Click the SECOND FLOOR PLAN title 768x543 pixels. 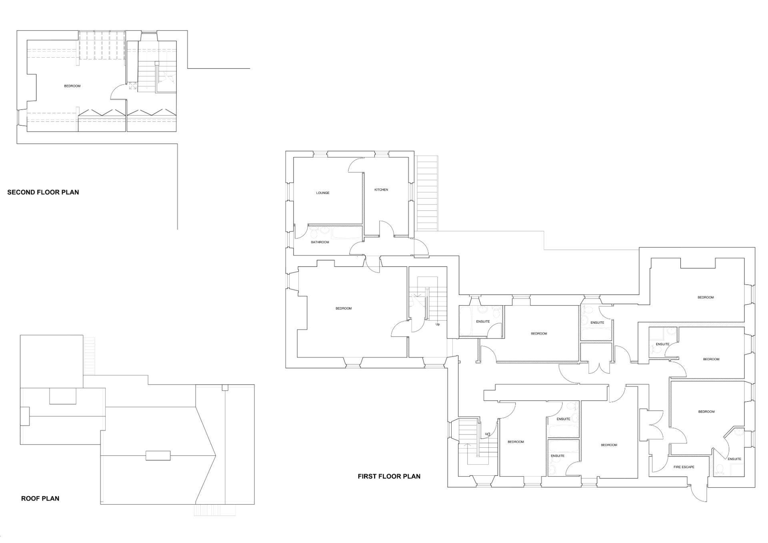[x=43, y=192]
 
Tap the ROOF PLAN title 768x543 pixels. [x=40, y=499]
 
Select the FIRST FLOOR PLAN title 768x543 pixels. [x=389, y=476]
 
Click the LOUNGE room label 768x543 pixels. [x=323, y=193]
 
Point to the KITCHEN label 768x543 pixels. [x=381, y=190]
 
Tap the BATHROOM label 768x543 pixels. [x=320, y=242]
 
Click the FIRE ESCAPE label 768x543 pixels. [x=684, y=467]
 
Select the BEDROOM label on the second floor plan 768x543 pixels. [x=72, y=86]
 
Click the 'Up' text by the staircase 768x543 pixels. [x=438, y=324]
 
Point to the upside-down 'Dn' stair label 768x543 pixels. [x=487, y=434]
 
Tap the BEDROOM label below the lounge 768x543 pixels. [x=344, y=309]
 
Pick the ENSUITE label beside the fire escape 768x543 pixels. [x=734, y=459]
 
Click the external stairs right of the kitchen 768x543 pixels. [x=427, y=193]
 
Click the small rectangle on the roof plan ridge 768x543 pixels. [x=158, y=456]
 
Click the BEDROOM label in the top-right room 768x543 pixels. [x=706, y=297]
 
